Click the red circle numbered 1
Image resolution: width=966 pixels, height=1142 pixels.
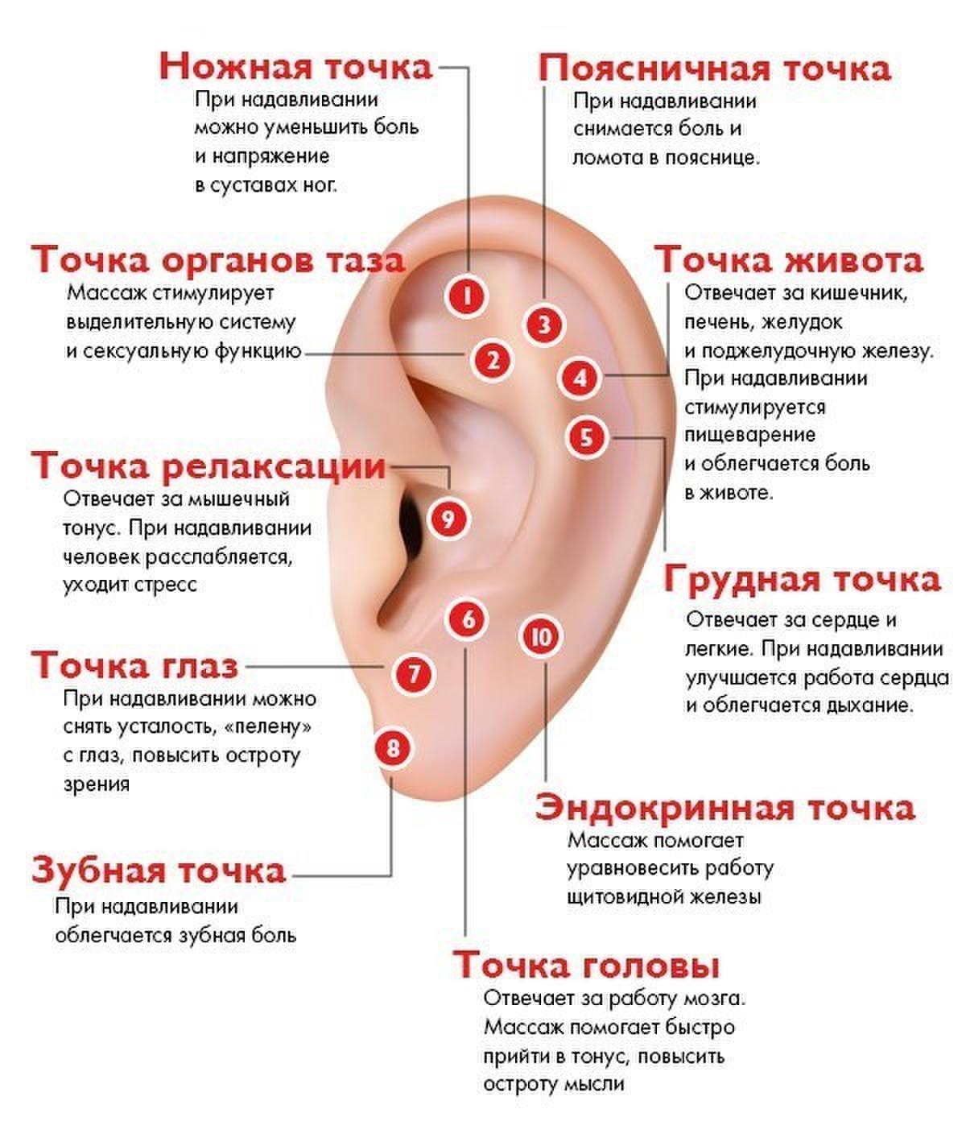coord(467,296)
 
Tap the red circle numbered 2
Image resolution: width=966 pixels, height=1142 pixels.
coord(492,360)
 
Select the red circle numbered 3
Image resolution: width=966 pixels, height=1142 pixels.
coord(543,325)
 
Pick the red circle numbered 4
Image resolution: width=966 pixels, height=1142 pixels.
coord(580,379)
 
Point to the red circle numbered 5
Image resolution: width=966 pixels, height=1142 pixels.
coord(586,437)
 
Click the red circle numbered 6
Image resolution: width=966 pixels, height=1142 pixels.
coord(467,619)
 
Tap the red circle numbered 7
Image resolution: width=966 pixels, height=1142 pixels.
coord(414,673)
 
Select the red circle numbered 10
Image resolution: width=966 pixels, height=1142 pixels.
coord(541,636)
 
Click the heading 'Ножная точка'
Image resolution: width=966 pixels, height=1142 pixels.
coord(295,68)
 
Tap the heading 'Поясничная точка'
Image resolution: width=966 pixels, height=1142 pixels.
coord(715,69)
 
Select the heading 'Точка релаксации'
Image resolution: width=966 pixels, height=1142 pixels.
coord(208,465)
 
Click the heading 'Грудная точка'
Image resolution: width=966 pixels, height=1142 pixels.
coord(802,580)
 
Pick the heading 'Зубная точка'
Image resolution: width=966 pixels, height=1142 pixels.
coord(159,870)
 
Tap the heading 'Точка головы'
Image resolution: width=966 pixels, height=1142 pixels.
coord(587,965)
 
